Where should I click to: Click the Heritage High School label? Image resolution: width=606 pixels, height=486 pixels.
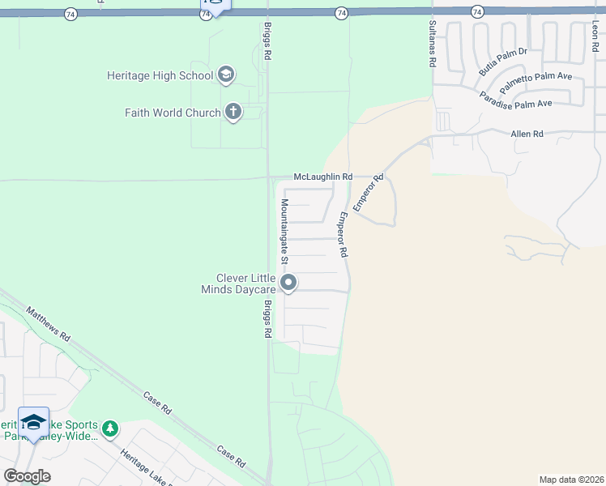pos(160,75)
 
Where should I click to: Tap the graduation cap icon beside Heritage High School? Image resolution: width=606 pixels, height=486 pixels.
pos(226,75)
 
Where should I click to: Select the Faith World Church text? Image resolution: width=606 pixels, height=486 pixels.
pos(173,113)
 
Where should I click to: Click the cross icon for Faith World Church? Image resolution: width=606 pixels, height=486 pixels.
pos(233,112)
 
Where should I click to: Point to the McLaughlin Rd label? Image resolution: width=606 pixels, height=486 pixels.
pos(322,177)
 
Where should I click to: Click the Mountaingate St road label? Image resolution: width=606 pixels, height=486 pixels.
pos(284,232)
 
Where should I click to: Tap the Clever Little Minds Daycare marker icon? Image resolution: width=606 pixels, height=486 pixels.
pos(288,283)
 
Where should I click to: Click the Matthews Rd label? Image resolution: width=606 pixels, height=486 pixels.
pos(49,323)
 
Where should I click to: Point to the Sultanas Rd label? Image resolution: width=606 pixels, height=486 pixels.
pos(433,45)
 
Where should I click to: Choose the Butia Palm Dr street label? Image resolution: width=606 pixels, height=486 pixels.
pos(502,62)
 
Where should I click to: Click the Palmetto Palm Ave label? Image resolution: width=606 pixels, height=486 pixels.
pos(536,82)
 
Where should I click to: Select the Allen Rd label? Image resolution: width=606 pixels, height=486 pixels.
pos(527,134)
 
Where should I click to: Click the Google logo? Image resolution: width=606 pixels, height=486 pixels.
pos(27,475)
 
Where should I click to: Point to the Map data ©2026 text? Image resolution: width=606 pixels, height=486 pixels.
pos(571,479)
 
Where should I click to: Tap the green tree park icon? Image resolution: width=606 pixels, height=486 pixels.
pos(110,428)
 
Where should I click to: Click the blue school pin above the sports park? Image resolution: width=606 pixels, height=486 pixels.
pos(33,422)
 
